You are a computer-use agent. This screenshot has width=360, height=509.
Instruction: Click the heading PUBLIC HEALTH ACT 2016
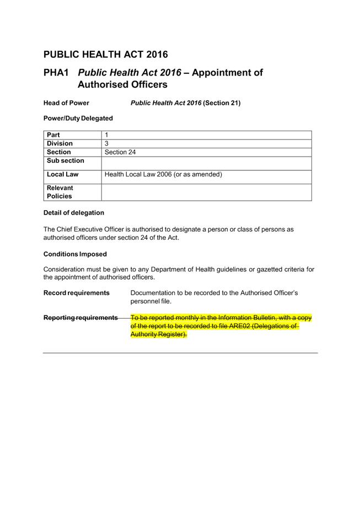click(x=105, y=54)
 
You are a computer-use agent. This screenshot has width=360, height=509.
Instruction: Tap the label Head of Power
click(x=66, y=103)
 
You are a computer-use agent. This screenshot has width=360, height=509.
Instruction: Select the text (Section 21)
click(x=222, y=103)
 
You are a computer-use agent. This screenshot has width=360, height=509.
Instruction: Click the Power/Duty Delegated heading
click(x=78, y=118)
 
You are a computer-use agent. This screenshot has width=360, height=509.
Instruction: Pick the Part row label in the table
click(x=53, y=135)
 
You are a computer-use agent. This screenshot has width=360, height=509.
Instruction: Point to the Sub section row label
click(x=66, y=161)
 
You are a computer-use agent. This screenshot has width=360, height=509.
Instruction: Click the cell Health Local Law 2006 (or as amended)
click(x=163, y=174)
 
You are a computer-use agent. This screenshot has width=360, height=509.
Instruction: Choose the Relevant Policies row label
click(x=60, y=192)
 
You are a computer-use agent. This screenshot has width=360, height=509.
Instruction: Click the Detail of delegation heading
click(x=73, y=212)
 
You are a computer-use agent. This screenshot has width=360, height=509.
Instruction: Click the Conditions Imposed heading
click(x=75, y=254)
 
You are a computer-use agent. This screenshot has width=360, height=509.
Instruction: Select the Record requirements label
click(x=76, y=293)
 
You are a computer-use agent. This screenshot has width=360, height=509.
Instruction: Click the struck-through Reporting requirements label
click(x=80, y=318)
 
